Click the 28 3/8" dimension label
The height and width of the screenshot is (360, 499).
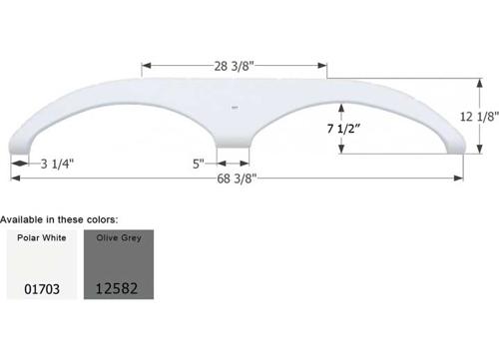tap(234, 66)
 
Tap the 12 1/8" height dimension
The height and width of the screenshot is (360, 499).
tap(479, 117)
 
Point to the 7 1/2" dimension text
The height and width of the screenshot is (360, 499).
tap(343, 129)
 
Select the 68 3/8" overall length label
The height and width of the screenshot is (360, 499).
tap(237, 179)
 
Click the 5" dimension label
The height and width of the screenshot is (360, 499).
tap(199, 164)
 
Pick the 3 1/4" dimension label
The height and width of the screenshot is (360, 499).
tap(57, 164)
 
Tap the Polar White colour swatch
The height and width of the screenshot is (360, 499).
tap(42, 264)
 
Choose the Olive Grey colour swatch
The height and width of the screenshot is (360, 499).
tap(119, 264)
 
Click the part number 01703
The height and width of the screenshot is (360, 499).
tap(42, 289)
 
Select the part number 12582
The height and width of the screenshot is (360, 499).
tap(117, 288)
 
